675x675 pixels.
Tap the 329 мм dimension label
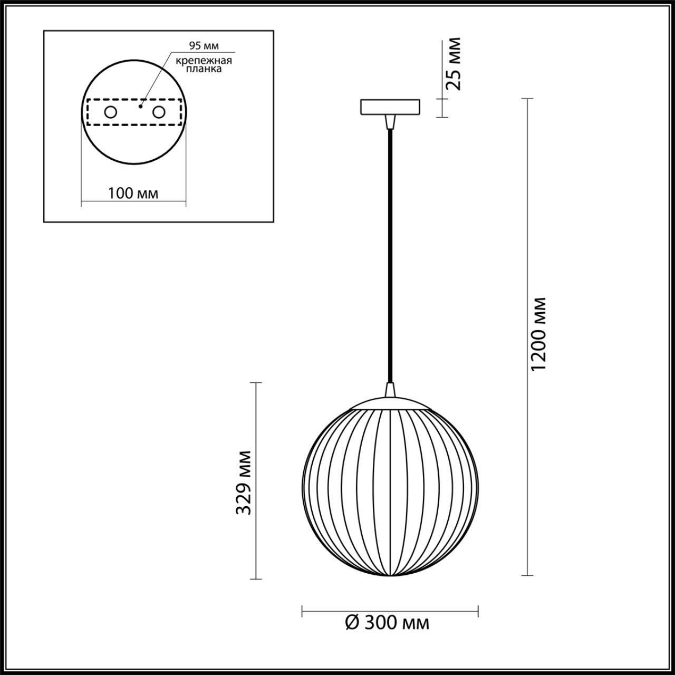point(243,482)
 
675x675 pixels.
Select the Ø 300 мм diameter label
point(388,623)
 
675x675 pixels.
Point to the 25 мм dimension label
point(452,63)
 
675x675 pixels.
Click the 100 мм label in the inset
point(133,193)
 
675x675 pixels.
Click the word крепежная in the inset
point(204,60)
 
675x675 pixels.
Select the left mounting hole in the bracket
point(111,112)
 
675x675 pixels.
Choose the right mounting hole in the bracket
point(158,112)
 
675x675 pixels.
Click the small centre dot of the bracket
point(140,106)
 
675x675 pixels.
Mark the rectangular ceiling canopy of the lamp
point(390,107)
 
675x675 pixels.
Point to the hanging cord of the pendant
point(390,253)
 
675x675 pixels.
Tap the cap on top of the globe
point(390,402)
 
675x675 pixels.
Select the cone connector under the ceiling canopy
point(390,122)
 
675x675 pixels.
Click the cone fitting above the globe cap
point(390,390)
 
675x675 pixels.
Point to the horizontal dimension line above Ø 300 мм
point(390,611)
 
